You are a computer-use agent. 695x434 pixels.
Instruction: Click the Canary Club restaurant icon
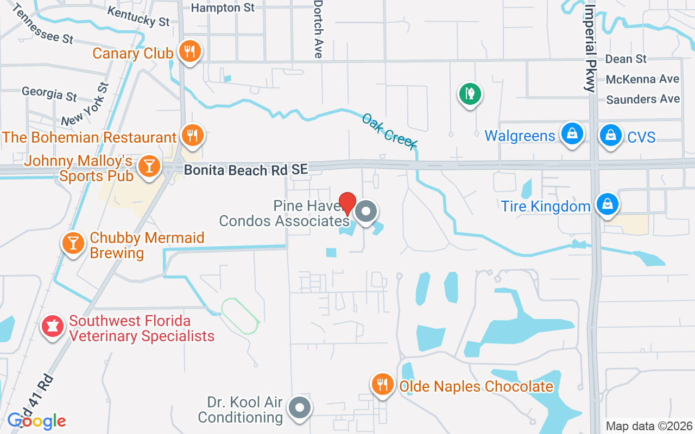189,52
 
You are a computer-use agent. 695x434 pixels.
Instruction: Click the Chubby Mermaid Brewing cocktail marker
73,242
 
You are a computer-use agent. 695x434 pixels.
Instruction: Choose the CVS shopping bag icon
611,135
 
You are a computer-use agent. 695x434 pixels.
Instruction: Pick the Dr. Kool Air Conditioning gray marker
299,407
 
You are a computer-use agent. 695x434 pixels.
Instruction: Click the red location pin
347,203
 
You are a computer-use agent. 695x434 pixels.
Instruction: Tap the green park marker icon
470,94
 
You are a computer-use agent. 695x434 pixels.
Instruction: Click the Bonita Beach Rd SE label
246,170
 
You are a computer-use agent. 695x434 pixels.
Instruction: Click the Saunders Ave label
643,99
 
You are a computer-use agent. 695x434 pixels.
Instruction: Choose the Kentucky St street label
138,17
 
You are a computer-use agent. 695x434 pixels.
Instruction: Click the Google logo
37,420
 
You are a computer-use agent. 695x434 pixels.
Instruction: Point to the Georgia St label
49,93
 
